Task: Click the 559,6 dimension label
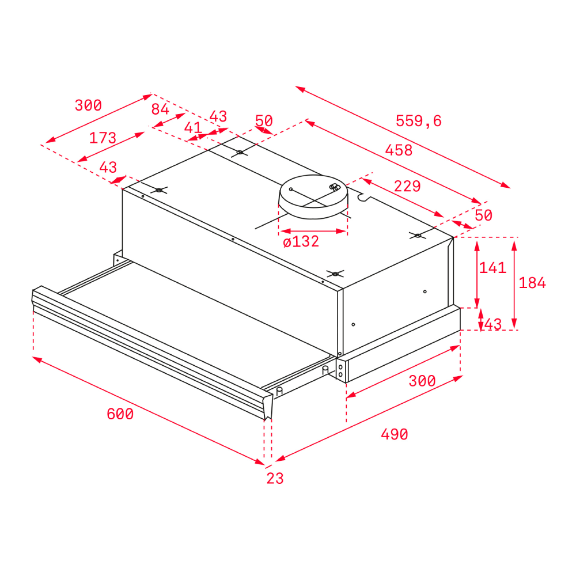tap(418, 121)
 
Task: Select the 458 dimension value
tap(399, 150)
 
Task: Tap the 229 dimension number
tap(407, 186)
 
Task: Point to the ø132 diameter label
tap(301, 241)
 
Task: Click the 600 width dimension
tap(120, 414)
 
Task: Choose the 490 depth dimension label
tap(394, 434)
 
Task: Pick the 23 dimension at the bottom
tap(275, 478)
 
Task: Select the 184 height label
tap(532, 283)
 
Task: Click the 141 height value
tap(492, 268)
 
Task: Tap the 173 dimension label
tap(103, 138)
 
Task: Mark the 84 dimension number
tap(160, 109)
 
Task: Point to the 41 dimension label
tap(193, 128)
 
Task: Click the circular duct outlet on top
tap(313, 196)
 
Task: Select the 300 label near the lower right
tap(422, 381)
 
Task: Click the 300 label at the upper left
tap(88, 105)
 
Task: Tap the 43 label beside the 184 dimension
tap(493, 324)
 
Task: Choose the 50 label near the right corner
tap(483, 215)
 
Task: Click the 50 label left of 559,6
tap(264, 120)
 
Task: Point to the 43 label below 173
tap(108, 168)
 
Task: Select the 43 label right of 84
tap(218, 116)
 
